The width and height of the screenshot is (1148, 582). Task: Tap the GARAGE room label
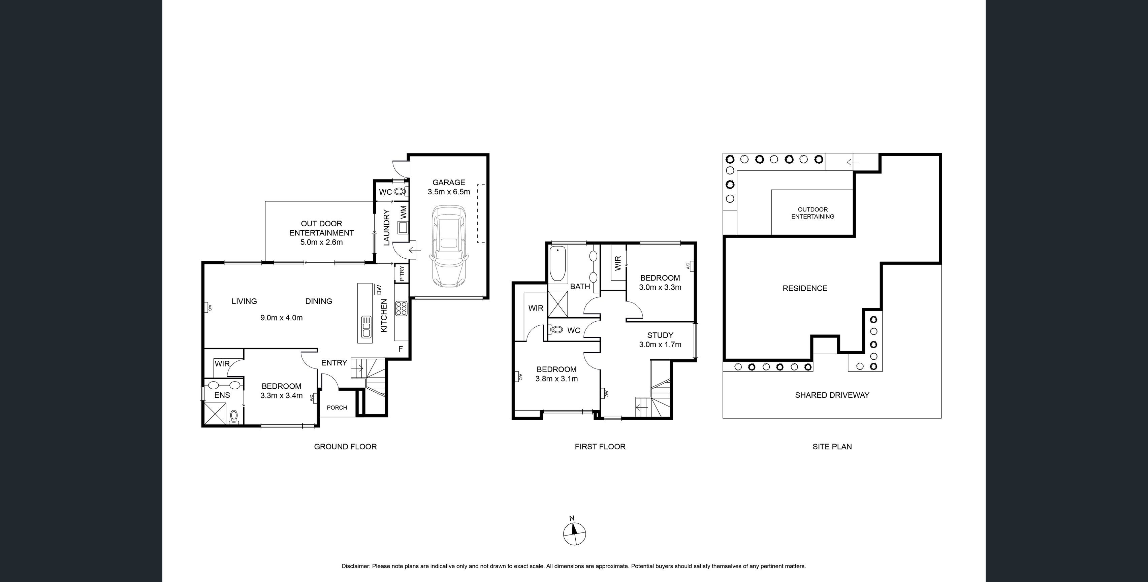point(448,182)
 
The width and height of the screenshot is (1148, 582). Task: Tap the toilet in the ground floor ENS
point(234,417)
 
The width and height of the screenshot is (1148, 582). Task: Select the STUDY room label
point(660,335)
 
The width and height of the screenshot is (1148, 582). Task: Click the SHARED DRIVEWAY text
point(832,395)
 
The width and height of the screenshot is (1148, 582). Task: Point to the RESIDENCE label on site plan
point(804,288)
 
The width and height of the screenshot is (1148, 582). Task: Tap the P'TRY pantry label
point(402,273)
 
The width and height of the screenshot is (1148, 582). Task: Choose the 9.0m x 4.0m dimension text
point(281,318)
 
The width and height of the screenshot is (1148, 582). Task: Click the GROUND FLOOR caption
point(345,447)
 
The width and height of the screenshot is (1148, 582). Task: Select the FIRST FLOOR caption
point(600,447)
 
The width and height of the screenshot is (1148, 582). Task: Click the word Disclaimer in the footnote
point(355,567)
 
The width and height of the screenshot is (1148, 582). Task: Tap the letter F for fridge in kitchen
point(400,349)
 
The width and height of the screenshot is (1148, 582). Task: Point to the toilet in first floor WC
point(556,330)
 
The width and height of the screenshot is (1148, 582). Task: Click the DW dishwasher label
point(379,290)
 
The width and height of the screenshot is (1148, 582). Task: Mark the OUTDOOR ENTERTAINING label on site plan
point(812,213)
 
